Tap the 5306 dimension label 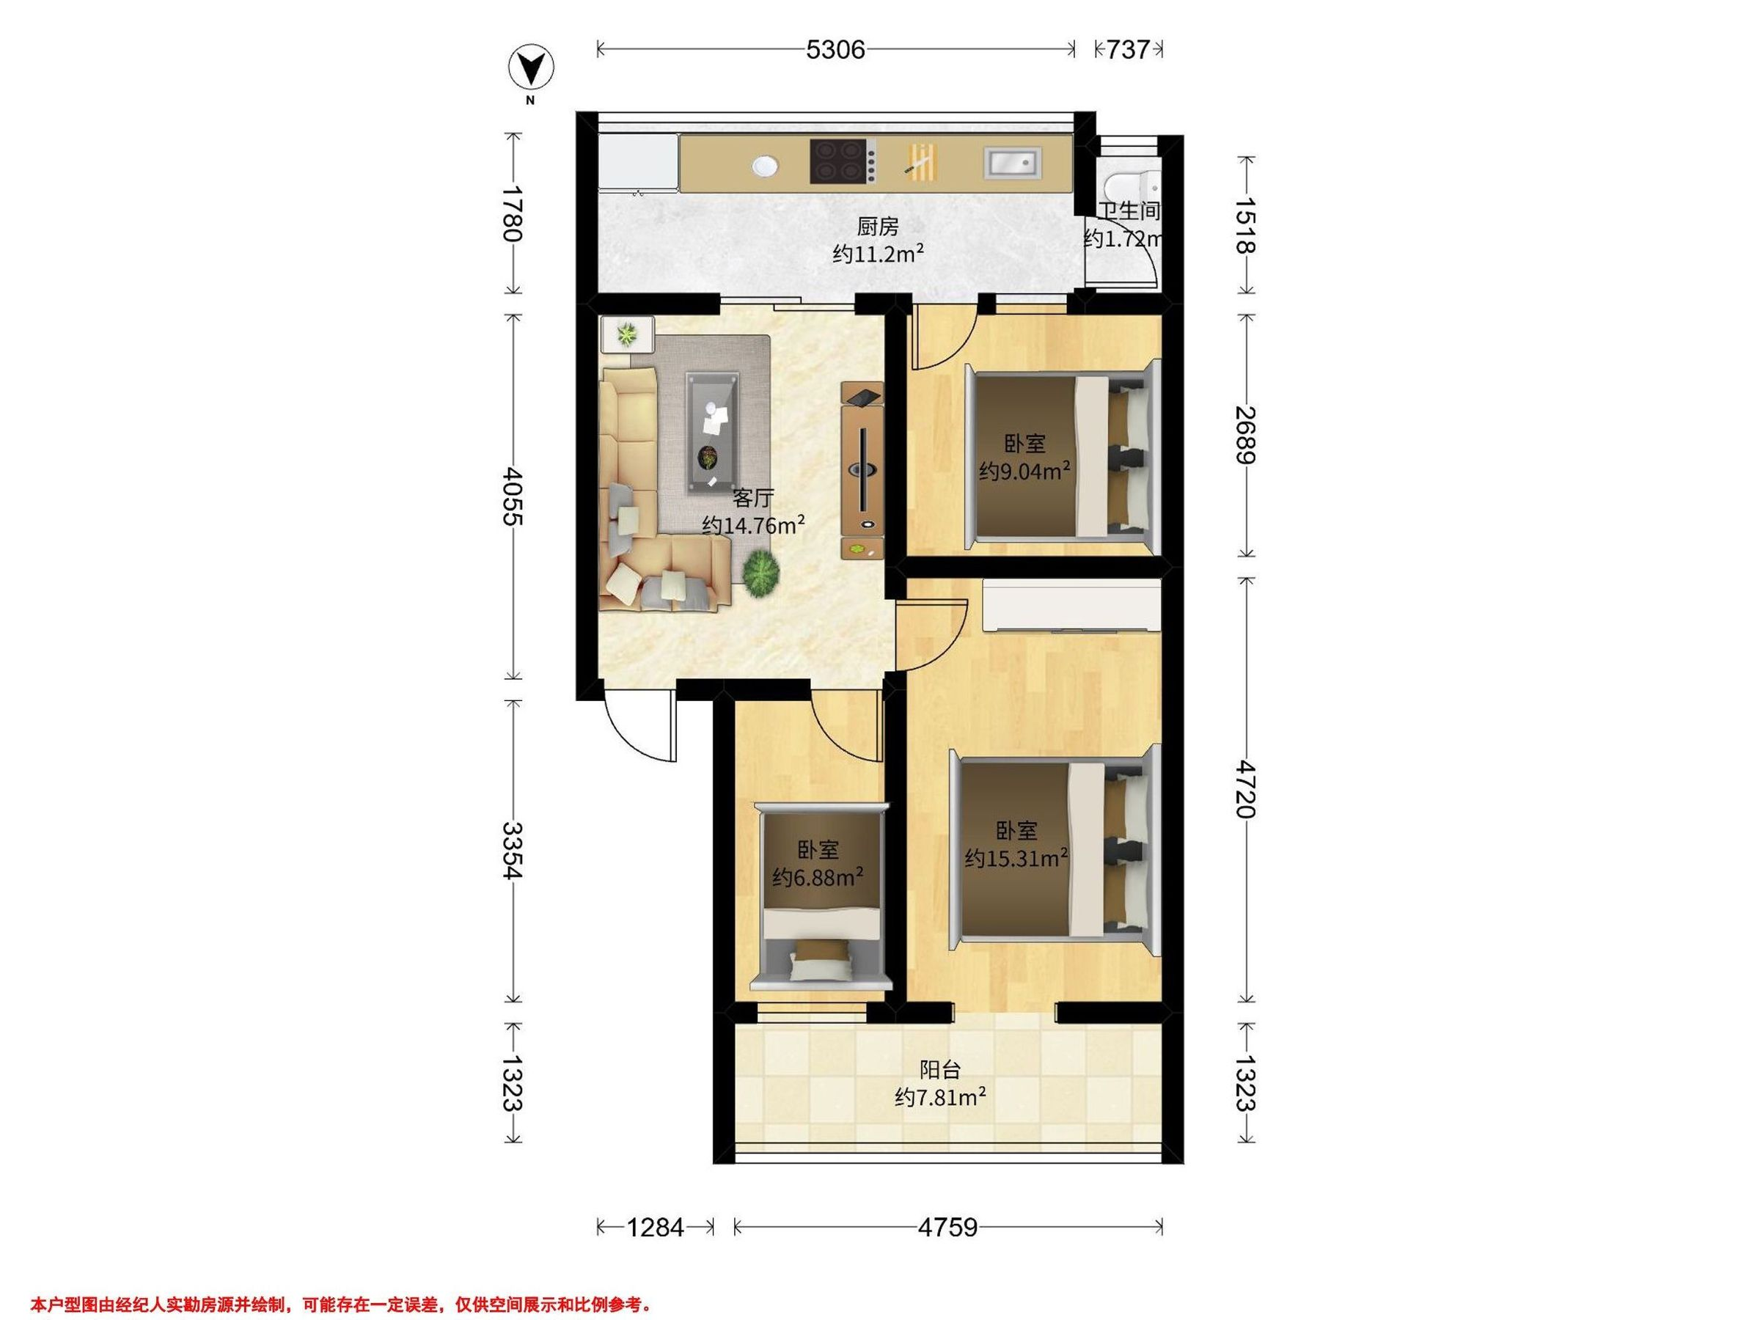835,50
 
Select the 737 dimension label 1129,50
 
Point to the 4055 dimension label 513,496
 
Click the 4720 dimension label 1245,788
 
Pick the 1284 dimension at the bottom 656,1227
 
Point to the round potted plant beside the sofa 761,571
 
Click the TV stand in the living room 862,470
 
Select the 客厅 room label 752,499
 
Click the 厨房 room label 878,227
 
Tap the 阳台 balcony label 940,1069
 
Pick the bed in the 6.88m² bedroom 821,896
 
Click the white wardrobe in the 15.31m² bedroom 1071,606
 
